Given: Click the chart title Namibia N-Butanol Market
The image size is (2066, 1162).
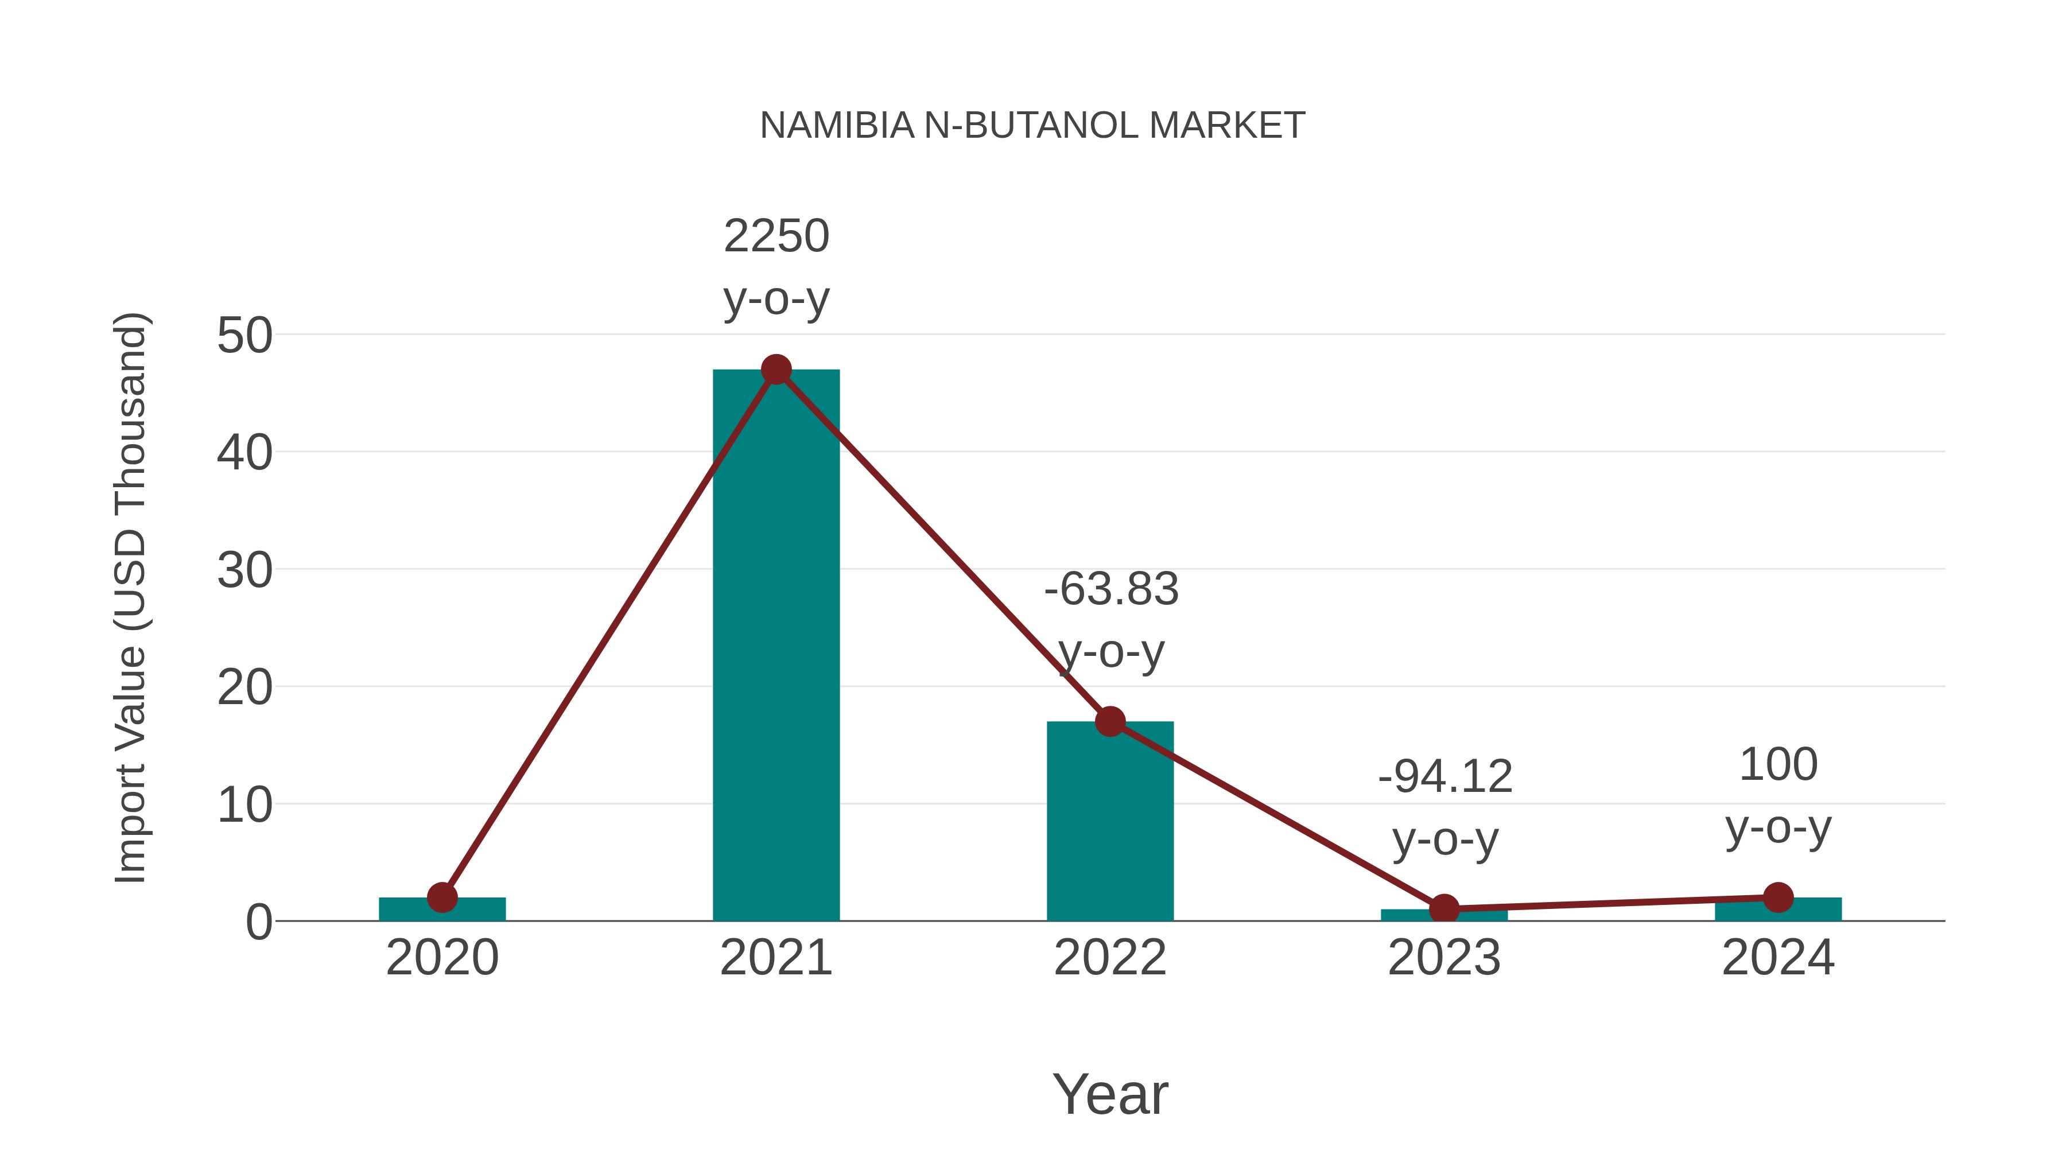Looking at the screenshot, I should tap(1032, 126).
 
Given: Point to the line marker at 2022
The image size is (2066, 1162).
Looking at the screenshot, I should tap(1110, 722).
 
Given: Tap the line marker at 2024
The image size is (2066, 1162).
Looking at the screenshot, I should tap(1778, 897).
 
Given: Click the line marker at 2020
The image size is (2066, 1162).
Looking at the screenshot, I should tap(442, 897).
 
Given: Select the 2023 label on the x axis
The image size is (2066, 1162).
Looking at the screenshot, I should tap(1444, 958).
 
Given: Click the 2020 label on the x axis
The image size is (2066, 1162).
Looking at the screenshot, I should tap(442, 958).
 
